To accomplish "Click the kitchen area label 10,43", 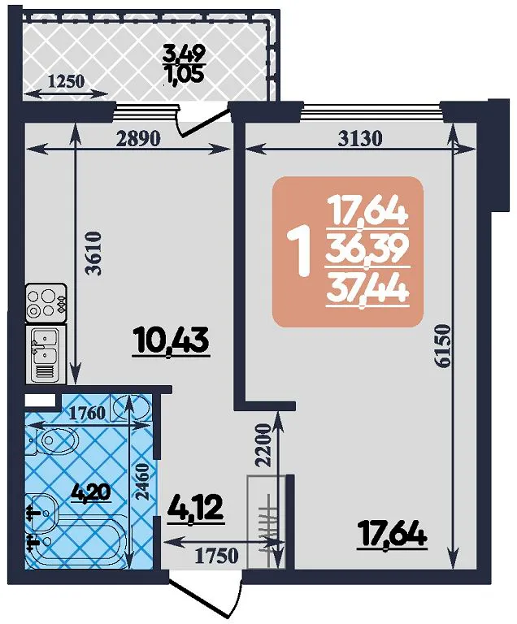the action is coord(172,341).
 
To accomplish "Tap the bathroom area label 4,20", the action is coord(91,492).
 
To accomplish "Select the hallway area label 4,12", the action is coord(195,508).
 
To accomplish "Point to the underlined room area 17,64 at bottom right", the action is coord(393,535).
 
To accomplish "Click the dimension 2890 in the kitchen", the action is coord(139,138).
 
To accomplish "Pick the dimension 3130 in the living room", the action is coord(359,138).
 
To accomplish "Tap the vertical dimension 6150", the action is coord(442,347).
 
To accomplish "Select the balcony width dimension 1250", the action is coord(66,81).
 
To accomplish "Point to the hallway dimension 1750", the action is coord(216,556).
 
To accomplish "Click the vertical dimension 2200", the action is coord(263,445).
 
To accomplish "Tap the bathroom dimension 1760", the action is coord(87,413).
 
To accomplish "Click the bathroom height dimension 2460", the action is coord(142,482).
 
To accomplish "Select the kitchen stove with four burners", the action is coord(46,302).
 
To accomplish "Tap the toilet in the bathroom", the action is coord(54,440).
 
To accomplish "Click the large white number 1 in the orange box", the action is coord(301,252).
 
